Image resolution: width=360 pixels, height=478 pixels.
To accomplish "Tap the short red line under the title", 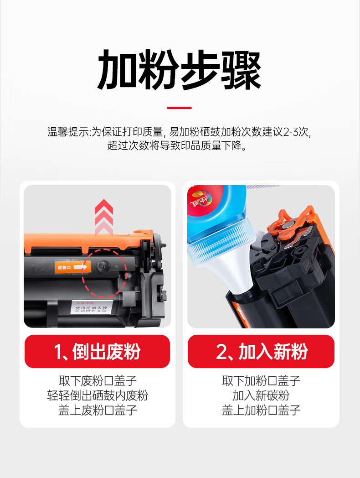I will (179, 108).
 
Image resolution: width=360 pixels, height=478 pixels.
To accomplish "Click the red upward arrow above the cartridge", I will (104, 217).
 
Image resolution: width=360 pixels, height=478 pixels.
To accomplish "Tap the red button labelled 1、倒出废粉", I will (97, 352).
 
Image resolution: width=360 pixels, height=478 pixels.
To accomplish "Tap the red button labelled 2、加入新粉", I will (261, 352).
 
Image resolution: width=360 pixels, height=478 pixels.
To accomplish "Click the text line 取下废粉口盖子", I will (98, 380).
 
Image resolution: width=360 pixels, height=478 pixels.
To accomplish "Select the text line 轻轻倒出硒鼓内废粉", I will (98, 395).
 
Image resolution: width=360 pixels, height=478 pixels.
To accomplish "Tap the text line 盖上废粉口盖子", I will (98, 410).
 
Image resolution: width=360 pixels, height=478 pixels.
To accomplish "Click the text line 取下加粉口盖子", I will (261, 380).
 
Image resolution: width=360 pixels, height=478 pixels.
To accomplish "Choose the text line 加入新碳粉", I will (261, 395).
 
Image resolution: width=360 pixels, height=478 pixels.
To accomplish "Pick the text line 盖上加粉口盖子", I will (261, 410).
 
